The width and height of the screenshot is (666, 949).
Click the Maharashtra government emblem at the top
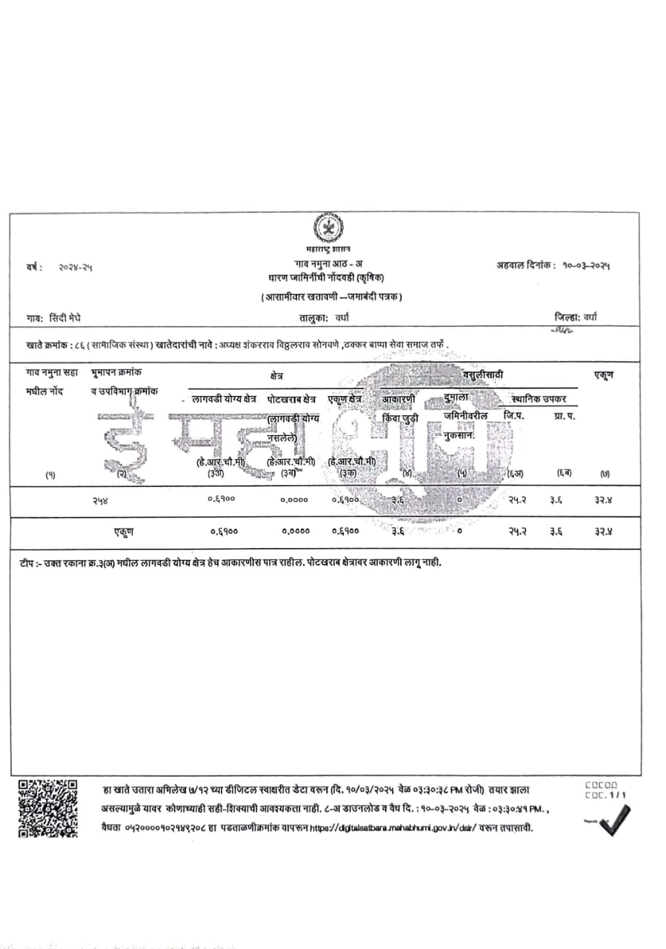pyautogui.click(x=327, y=228)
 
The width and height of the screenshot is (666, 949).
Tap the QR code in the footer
pyautogui.click(x=47, y=807)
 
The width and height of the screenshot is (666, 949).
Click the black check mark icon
pyautogui.click(x=614, y=820)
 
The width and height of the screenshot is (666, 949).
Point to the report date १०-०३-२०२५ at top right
pyautogui.click(x=589, y=265)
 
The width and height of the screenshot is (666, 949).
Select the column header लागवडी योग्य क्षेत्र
pyautogui.click(x=224, y=399)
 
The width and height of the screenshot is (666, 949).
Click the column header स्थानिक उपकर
pyautogui.click(x=539, y=399)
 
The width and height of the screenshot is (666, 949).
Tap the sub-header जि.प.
pyautogui.click(x=513, y=416)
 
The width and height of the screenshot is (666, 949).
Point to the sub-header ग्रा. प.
pyautogui.click(x=565, y=416)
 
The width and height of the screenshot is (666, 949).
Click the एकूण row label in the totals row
pyautogui.click(x=123, y=532)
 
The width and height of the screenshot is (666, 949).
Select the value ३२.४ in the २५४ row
pyautogui.click(x=602, y=500)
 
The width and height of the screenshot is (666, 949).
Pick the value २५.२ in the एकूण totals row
pyautogui.click(x=517, y=532)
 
